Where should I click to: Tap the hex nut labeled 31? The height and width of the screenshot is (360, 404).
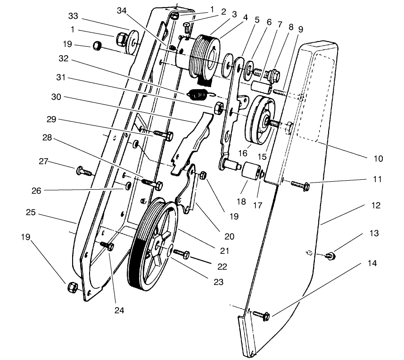(x=219, y=108)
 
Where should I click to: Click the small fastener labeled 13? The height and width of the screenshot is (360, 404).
(x=331, y=256)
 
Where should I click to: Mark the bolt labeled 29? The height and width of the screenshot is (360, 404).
(x=161, y=134)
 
